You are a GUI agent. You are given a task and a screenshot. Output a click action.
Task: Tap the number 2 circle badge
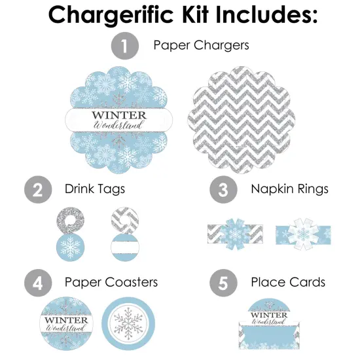point(37,190)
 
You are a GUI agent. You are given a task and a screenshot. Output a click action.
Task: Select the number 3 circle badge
point(223,190)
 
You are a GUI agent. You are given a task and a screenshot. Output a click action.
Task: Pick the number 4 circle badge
point(37,283)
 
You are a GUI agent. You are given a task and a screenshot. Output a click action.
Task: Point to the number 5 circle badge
point(223,283)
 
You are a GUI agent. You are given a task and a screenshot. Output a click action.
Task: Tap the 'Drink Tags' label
point(95,190)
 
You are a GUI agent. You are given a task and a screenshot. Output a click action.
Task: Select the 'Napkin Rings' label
point(290,190)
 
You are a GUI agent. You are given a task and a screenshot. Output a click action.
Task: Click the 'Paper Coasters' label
point(111,282)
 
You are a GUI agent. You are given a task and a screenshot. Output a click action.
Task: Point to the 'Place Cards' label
point(288,282)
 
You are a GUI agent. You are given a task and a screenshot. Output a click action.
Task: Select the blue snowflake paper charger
point(115,118)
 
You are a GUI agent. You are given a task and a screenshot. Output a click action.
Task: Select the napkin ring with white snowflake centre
point(302,234)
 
